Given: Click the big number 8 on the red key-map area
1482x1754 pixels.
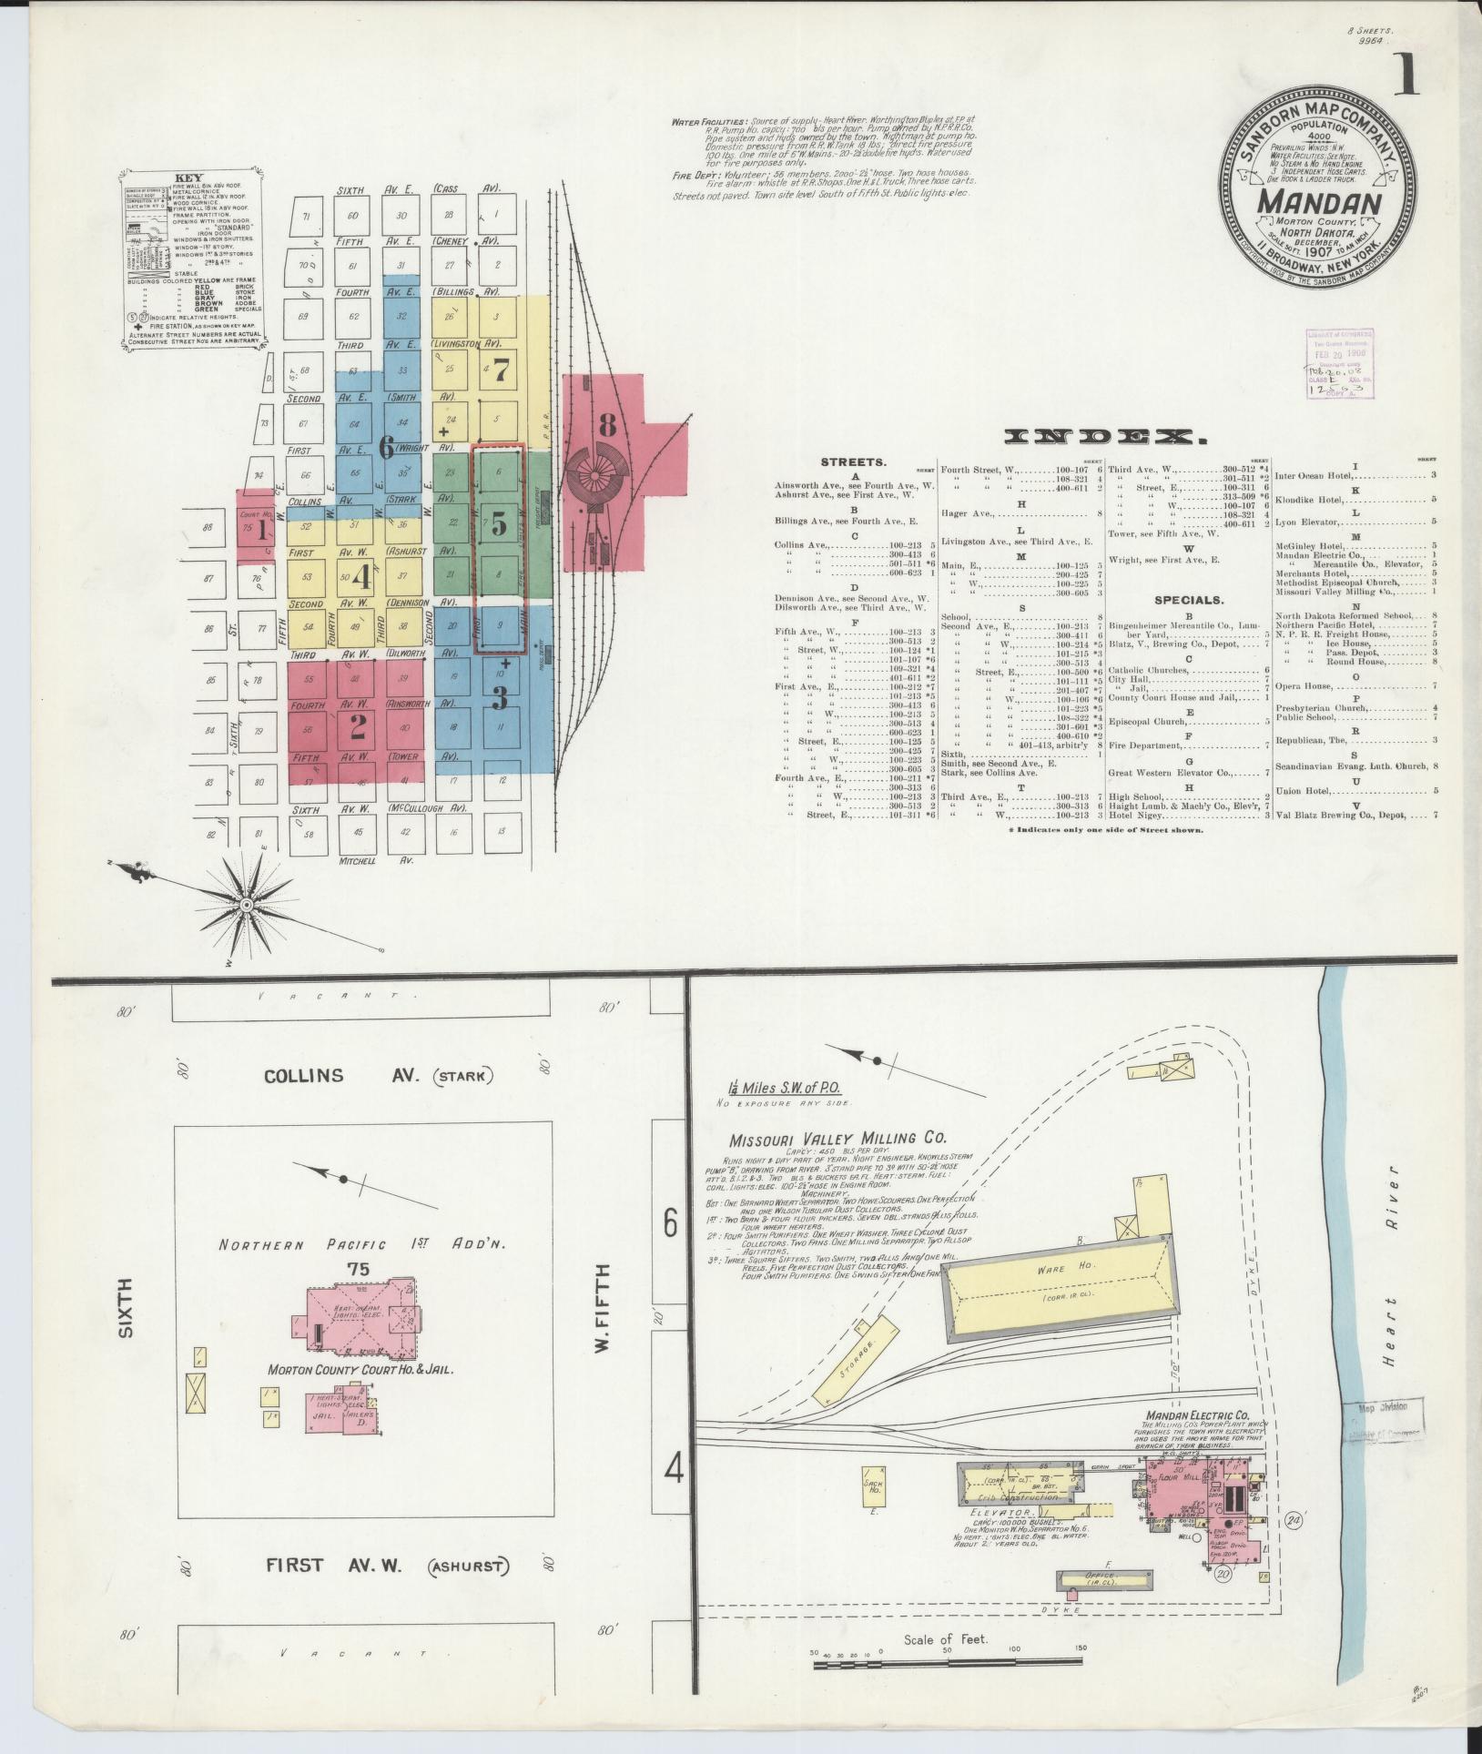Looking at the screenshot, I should (x=607, y=424).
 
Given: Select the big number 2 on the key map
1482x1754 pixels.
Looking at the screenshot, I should (x=357, y=725).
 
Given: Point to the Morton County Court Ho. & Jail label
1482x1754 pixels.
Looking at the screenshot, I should (x=360, y=1394).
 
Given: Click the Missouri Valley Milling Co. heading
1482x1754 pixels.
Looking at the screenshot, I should (x=837, y=1138).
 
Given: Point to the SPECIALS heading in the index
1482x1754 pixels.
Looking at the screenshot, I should (x=1189, y=600).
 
